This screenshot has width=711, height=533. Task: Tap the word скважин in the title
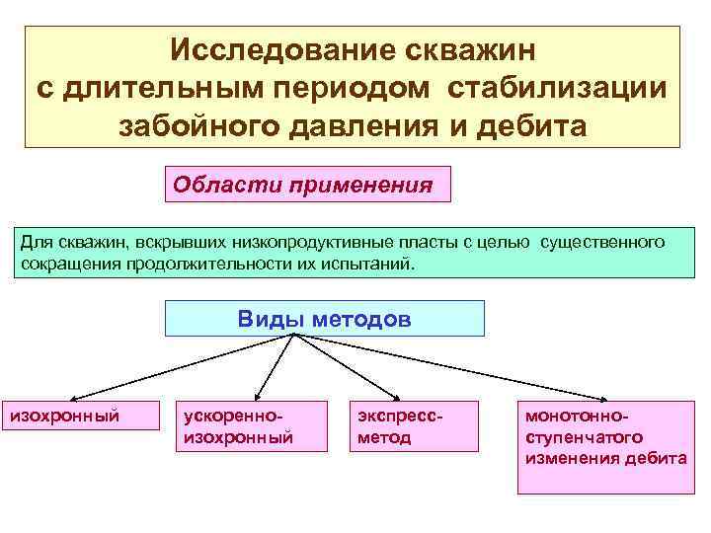pos(468,49)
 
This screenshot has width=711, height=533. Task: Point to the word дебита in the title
pos(533,126)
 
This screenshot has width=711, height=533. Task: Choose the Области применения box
pos(306,185)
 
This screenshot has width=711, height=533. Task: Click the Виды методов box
pos(324,319)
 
